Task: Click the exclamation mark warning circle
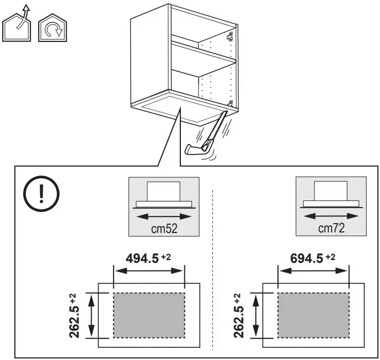(41, 177)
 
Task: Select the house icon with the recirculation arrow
(52, 28)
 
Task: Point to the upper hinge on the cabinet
(230, 36)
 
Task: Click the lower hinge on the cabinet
(230, 103)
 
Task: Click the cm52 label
(164, 229)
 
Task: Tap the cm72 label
(331, 228)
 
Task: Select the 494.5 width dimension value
(142, 258)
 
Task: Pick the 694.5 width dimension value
(307, 258)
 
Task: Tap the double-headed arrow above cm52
(164, 216)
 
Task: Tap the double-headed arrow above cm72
(331, 216)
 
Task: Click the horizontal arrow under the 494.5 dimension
(149, 271)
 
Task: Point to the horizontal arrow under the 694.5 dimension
(313, 271)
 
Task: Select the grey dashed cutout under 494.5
(149, 315)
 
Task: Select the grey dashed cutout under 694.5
(313, 315)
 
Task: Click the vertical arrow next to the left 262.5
(91, 315)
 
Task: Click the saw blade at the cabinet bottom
(217, 126)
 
